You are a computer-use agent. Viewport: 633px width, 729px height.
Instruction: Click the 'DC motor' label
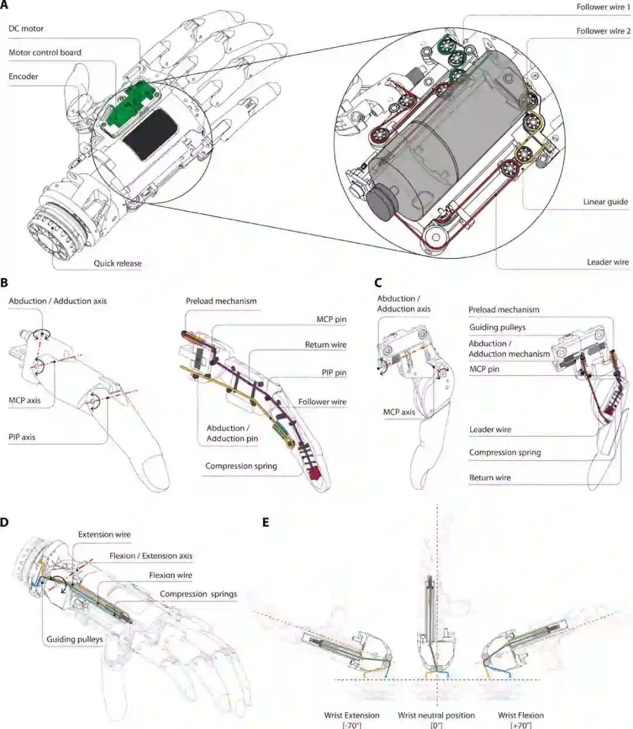[x=26, y=29]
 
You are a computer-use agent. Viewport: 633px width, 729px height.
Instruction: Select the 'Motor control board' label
[x=45, y=53]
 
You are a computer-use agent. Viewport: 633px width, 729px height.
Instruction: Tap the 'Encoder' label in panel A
[x=23, y=77]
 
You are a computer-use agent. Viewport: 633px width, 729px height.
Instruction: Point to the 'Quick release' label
[x=117, y=263]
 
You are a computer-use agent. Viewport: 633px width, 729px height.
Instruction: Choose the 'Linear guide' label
[x=605, y=202]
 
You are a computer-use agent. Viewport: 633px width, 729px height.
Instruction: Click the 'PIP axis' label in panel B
[x=22, y=437]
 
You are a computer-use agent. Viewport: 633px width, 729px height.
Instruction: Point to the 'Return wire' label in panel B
[x=325, y=345]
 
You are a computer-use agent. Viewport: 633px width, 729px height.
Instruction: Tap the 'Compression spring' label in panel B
[x=241, y=467]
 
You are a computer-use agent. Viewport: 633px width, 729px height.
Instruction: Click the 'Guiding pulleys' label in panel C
[x=497, y=328]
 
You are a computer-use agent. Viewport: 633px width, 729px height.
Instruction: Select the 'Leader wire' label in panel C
[x=490, y=430]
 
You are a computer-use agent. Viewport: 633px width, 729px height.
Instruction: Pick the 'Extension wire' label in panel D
[x=104, y=535]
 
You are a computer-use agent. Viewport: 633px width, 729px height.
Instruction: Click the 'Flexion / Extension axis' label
[x=151, y=556]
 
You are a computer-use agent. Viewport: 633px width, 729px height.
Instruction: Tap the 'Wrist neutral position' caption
[x=436, y=716]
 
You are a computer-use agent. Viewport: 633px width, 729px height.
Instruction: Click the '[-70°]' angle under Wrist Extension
[x=352, y=725]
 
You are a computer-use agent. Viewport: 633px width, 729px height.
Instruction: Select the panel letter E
[x=266, y=522]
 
